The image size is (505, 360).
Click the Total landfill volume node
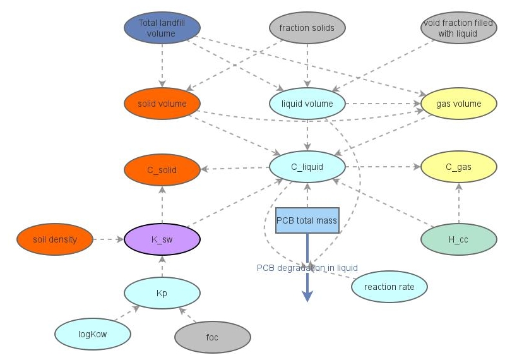(162, 28)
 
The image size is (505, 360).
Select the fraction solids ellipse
(307, 28)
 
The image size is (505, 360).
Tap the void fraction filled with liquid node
(458, 28)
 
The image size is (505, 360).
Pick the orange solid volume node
(162, 104)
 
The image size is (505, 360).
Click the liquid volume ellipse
(307, 104)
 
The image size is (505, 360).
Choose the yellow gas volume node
(459, 104)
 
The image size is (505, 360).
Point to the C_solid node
(162, 170)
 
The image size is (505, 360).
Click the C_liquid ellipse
(307, 167)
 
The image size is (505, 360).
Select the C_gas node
(459, 167)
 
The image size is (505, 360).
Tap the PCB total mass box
(307, 221)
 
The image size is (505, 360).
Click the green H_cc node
(459, 240)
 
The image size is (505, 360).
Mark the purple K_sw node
(162, 240)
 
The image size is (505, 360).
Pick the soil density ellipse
(54, 240)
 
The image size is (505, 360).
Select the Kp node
(162, 293)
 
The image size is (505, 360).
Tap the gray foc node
(212, 337)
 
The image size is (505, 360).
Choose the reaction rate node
(389, 287)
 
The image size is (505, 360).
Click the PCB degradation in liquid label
(307, 268)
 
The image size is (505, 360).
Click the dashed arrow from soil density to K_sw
(108, 240)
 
